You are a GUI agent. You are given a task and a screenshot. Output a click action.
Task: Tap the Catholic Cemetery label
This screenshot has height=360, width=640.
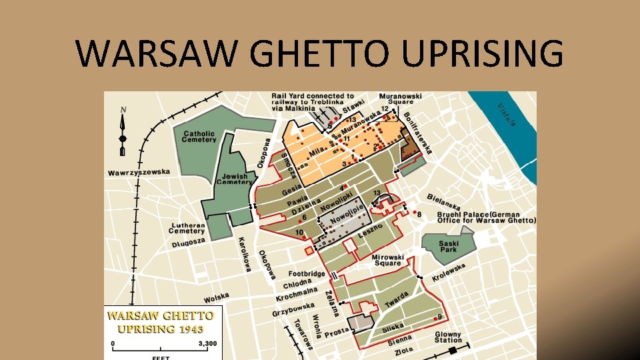(x=200, y=136)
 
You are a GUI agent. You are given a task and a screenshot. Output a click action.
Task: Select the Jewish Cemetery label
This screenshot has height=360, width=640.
(x=234, y=179)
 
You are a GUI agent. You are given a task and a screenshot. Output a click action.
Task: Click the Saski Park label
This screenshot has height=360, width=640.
(x=449, y=246)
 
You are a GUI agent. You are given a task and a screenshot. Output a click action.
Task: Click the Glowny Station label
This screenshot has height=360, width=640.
(x=448, y=337)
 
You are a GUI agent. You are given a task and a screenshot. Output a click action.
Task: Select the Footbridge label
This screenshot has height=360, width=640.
(x=307, y=273)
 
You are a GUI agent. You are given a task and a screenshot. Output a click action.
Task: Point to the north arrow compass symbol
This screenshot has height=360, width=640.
(x=123, y=130)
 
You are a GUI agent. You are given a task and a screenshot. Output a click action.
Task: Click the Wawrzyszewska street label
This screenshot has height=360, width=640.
(x=139, y=173)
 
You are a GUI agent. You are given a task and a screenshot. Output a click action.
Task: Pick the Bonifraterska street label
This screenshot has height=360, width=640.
(x=417, y=132)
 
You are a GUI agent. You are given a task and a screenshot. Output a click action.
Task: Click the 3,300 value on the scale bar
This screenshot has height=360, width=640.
(x=208, y=344)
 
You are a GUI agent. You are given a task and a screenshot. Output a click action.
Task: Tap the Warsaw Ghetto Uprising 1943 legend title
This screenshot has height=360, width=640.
(x=161, y=321)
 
